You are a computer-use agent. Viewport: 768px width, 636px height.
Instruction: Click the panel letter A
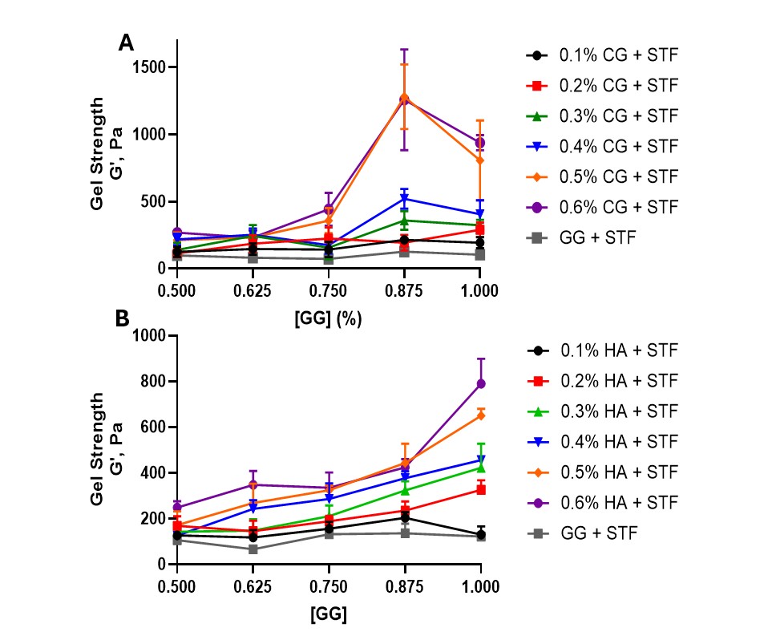pyautogui.click(x=126, y=43)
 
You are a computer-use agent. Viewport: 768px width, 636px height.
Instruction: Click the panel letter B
pyautogui.click(x=123, y=318)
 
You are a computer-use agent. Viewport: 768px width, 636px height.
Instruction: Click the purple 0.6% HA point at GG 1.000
pyautogui.click(x=480, y=383)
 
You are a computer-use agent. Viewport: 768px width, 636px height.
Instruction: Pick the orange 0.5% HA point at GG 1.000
pyautogui.click(x=480, y=415)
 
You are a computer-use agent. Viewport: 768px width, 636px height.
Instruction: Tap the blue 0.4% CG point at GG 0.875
pyautogui.click(x=405, y=199)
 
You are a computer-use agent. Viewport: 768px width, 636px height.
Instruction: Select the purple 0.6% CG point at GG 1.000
pyautogui.click(x=480, y=143)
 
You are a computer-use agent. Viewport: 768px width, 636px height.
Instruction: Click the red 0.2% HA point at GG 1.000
pyautogui.click(x=480, y=489)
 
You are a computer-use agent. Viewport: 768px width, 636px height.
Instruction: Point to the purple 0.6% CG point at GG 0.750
pyautogui.click(x=329, y=209)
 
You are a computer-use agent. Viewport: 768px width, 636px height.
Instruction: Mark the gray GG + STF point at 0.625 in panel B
pyautogui.click(x=253, y=549)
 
